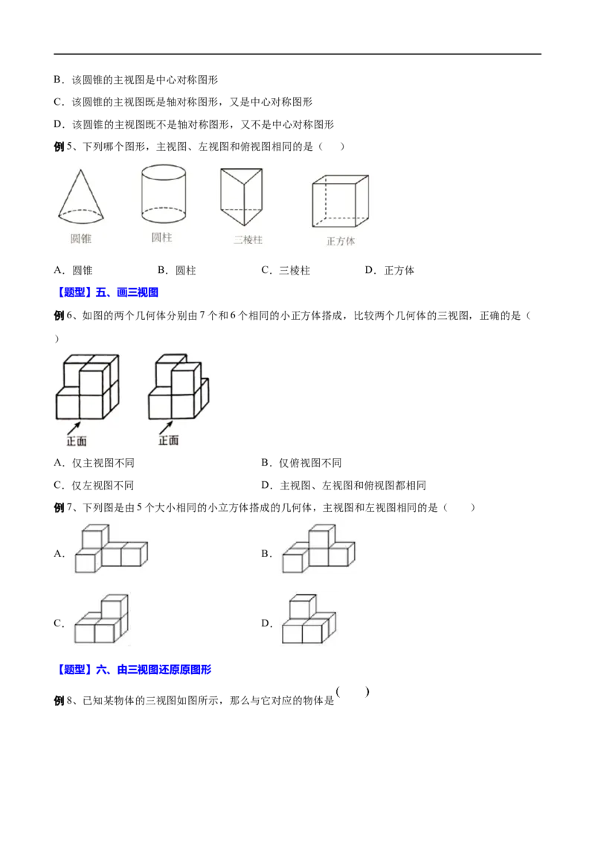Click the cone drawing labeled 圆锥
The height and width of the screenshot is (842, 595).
click(80, 196)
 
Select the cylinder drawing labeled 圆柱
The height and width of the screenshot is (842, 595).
click(163, 194)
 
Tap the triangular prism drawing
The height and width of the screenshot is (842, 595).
click(242, 196)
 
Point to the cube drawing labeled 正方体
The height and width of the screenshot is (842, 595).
click(341, 201)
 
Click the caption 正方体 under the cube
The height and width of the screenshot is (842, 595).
click(341, 241)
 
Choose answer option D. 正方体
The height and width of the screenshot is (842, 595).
click(389, 270)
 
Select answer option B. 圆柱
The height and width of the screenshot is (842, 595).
click(177, 270)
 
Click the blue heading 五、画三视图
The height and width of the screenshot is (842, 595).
click(126, 292)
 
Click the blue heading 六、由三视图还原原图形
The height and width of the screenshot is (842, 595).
click(153, 669)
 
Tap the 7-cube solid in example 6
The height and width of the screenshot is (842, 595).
click(88, 387)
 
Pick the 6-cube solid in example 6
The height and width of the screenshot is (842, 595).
click(178, 387)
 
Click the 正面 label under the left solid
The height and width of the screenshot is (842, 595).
click(77, 441)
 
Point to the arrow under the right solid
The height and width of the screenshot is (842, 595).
click(165, 428)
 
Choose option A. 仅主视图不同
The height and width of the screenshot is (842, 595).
click(94, 463)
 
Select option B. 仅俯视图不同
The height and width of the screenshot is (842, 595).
click(301, 463)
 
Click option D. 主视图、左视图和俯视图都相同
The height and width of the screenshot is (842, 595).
click(344, 486)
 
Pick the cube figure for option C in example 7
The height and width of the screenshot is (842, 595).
click(101, 619)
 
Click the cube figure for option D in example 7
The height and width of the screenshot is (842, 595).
click(309, 619)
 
